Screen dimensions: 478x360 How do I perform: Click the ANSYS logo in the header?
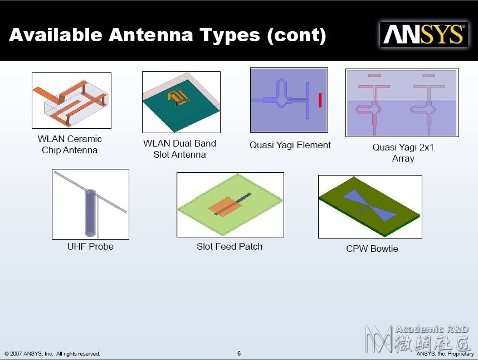(424, 34)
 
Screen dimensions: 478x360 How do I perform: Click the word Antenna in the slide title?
(151, 35)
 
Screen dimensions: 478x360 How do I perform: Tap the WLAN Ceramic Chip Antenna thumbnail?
(72, 100)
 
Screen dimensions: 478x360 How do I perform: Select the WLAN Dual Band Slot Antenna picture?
(182, 102)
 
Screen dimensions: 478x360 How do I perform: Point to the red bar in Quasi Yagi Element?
(320, 100)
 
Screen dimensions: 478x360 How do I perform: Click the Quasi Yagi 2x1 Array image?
(402, 103)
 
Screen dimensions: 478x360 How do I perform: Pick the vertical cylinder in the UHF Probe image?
(91, 213)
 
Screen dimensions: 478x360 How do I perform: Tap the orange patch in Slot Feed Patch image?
(226, 207)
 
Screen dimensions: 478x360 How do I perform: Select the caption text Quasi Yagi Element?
(290, 145)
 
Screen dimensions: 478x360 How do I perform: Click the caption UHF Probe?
(90, 246)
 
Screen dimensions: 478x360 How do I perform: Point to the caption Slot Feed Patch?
(230, 246)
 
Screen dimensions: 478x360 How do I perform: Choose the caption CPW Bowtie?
(372, 249)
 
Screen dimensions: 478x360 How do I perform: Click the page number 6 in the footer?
(239, 353)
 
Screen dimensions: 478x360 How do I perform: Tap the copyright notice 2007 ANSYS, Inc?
(52, 354)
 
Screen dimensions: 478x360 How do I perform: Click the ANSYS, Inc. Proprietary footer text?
(445, 354)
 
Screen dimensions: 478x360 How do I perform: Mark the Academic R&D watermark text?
(432, 329)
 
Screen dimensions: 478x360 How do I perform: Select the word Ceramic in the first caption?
(83, 139)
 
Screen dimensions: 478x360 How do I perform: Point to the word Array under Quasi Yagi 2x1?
(403, 158)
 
